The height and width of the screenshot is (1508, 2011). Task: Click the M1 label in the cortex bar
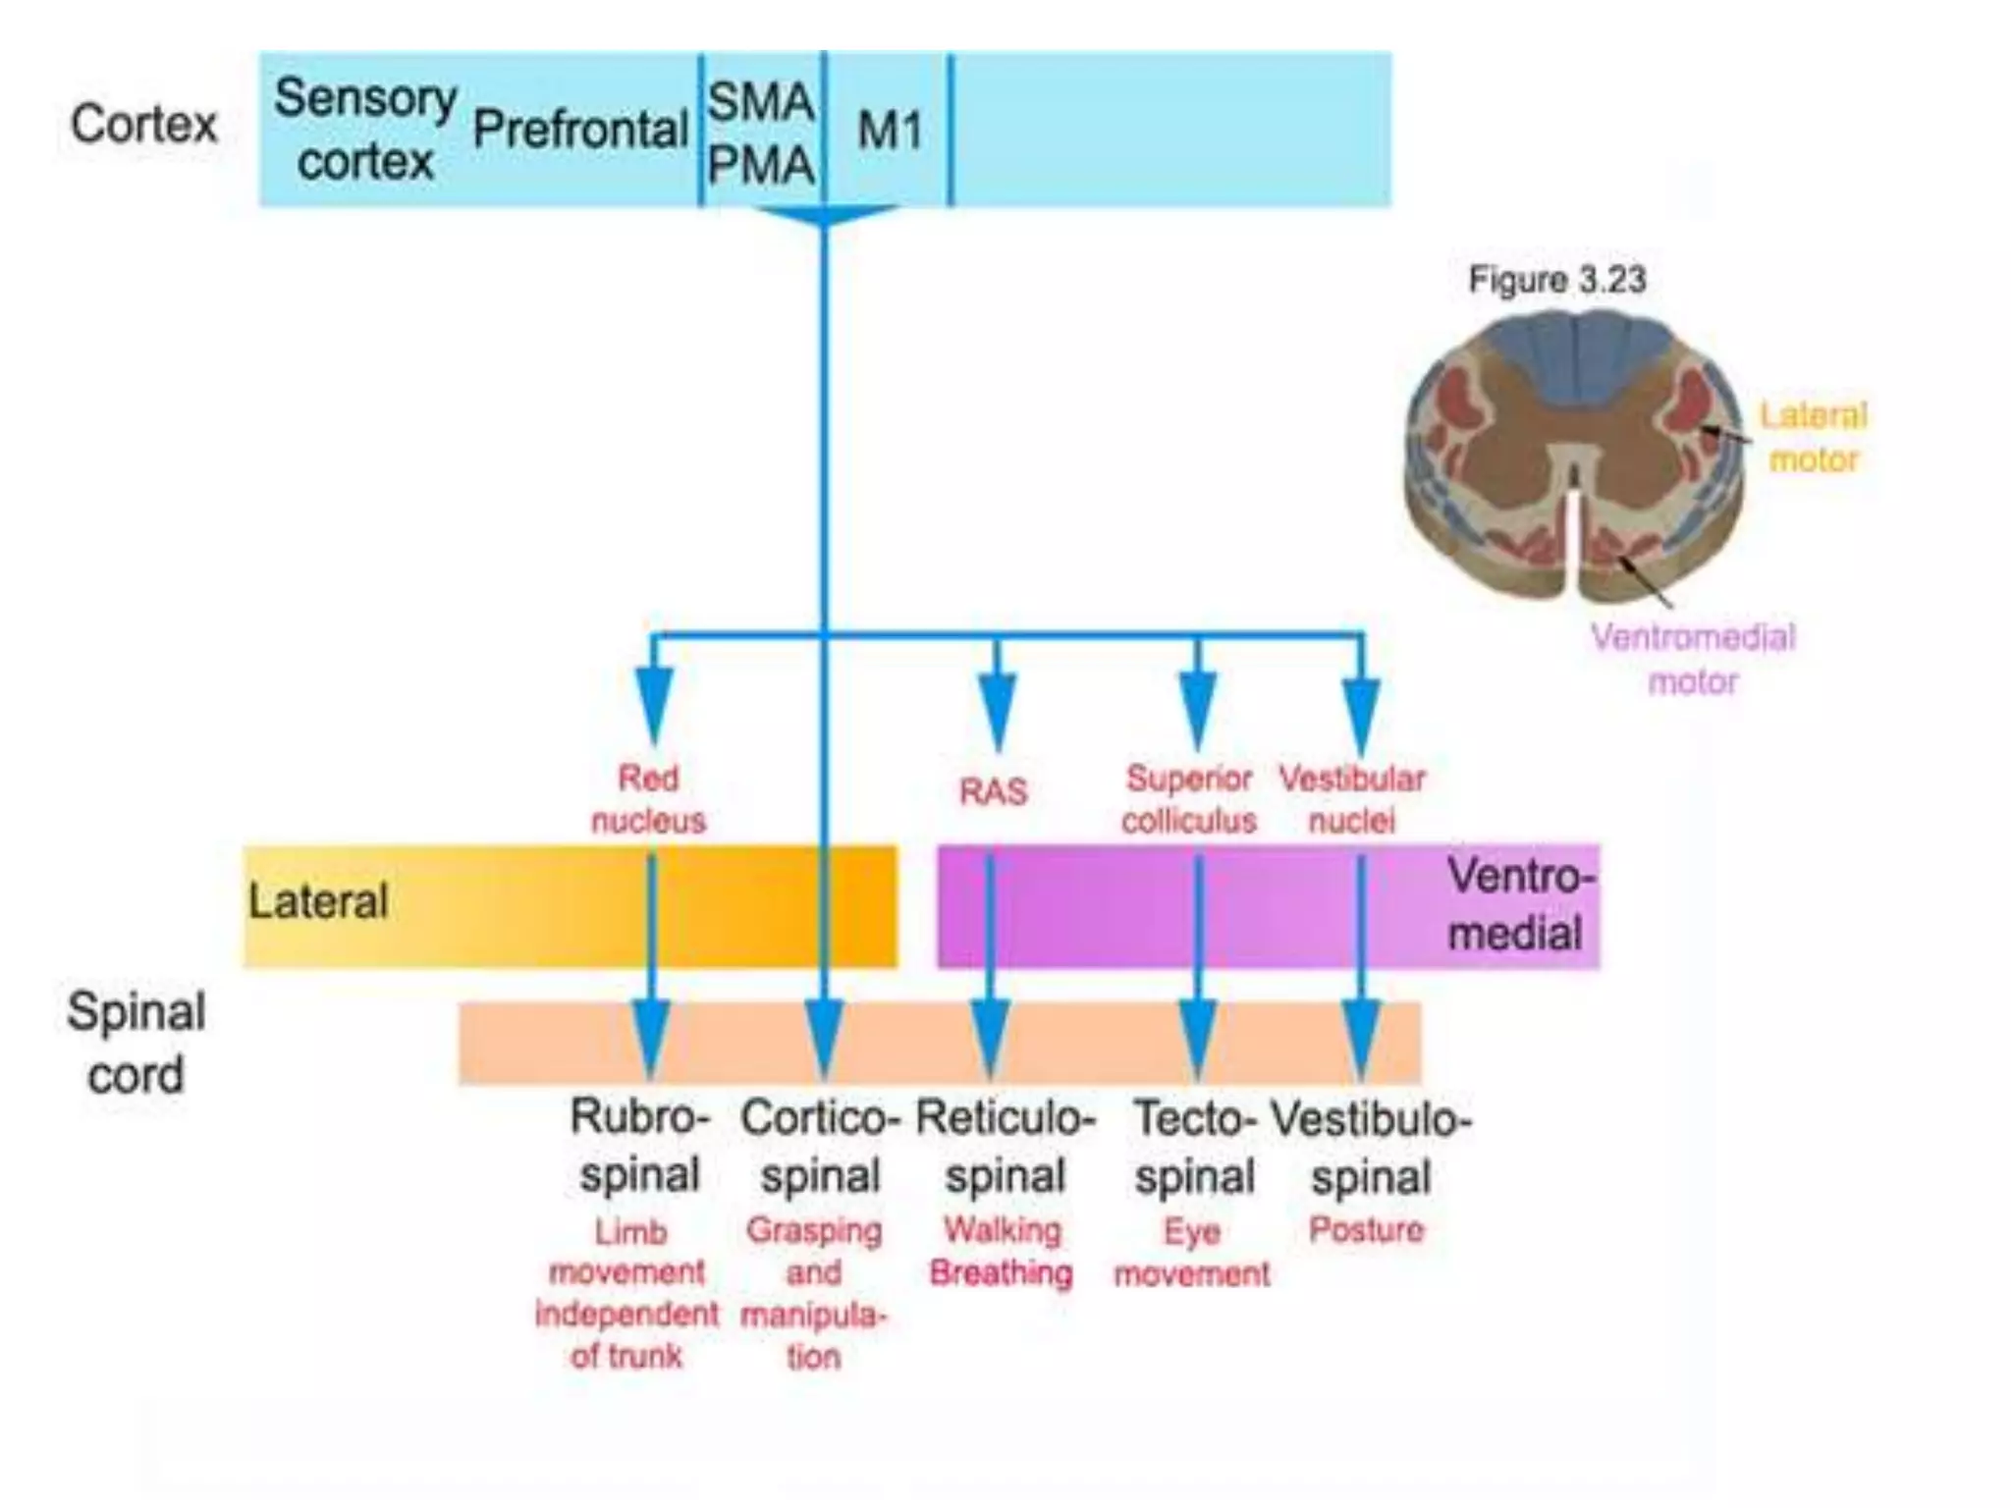click(890, 131)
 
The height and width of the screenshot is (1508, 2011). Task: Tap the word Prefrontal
click(579, 130)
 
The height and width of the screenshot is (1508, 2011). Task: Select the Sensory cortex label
click(365, 130)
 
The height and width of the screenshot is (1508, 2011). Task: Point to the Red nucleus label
click(648, 799)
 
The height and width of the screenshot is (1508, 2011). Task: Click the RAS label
click(994, 791)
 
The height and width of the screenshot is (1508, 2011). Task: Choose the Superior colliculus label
click(1189, 799)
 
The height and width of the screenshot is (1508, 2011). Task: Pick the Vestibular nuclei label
click(1351, 799)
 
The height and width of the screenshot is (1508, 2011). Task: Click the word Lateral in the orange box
click(318, 901)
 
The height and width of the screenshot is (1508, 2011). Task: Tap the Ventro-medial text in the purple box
click(1517, 904)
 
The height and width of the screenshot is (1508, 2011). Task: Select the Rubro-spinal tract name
click(640, 1146)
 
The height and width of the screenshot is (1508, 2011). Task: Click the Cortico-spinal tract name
click(820, 1147)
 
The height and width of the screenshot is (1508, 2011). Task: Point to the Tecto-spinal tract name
click(1195, 1147)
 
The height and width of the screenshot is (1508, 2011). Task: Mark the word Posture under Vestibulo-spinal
click(1366, 1230)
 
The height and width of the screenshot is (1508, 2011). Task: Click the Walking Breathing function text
click(1002, 1252)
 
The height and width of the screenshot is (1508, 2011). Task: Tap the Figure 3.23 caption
click(1557, 280)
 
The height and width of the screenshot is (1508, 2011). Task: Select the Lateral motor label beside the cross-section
click(1813, 437)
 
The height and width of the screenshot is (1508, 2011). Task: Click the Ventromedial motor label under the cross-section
click(1693, 659)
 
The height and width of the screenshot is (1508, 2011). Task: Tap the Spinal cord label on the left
click(136, 1043)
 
